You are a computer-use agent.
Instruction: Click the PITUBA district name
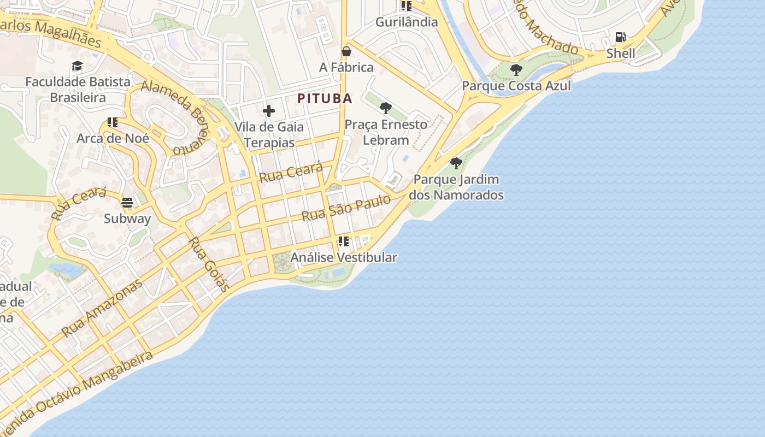[x=325, y=99]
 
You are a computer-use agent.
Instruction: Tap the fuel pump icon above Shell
[x=620, y=37]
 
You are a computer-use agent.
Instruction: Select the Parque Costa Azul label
[x=516, y=86]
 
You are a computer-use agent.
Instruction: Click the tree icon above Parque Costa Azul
[x=516, y=70]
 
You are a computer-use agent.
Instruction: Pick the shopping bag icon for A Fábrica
[x=346, y=51]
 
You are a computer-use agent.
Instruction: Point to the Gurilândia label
[x=407, y=22]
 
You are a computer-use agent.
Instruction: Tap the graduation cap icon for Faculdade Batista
[x=77, y=66]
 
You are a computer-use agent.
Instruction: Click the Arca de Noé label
[x=113, y=138]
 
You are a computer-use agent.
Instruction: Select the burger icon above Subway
[x=127, y=203]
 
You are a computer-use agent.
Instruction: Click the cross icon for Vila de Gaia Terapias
[x=268, y=111]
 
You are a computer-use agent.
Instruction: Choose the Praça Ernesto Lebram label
[x=386, y=132]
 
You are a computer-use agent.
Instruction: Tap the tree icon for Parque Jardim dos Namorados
[x=456, y=163]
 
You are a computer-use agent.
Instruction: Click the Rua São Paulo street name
[x=346, y=208]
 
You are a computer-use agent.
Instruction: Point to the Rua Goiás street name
[x=208, y=264]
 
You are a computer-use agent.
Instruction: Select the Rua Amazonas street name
[x=102, y=308]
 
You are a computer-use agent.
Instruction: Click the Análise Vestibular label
[x=344, y=257]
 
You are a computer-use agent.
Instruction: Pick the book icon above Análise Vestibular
[x=343, y=241]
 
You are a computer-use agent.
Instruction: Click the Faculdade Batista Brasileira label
[x=78, y=90]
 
